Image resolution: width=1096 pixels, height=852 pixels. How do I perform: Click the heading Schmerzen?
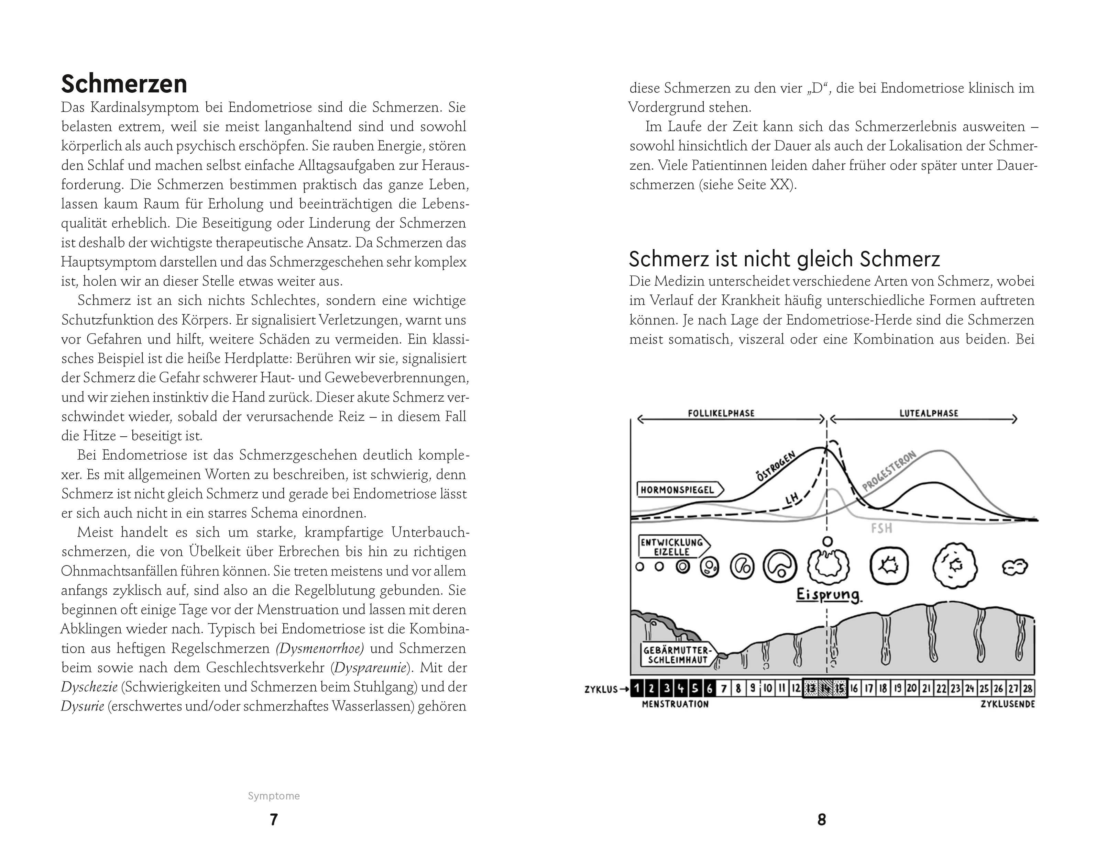(124, 84)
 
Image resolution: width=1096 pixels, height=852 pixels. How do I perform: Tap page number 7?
(274, 819)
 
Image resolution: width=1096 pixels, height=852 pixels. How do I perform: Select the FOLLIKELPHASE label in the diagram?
(721, 413)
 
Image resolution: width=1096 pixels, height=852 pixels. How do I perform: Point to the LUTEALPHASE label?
(928, 413)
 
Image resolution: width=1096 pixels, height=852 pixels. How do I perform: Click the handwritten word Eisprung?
(828, 595)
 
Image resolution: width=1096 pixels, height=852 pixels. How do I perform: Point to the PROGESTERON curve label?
(889, 471)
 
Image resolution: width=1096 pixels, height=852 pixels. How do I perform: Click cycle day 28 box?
(1027, 688)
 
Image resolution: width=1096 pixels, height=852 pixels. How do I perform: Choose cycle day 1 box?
(637, 688)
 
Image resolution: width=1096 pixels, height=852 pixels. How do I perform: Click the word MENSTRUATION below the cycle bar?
(675, 704)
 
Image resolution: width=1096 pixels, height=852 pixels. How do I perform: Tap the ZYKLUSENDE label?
(1008, 704)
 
